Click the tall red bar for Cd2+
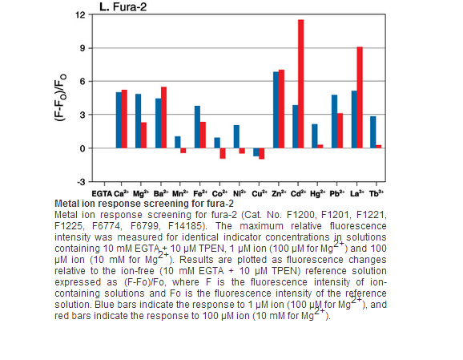[x=301, y=84]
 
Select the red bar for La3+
[x=360, y=98]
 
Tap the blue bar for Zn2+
[x=276, y=110]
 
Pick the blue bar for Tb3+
[x=373, y=132]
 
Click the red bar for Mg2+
[x=143, y=136]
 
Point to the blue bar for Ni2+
[x=236, y=136]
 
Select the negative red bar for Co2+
[x=223, y=153]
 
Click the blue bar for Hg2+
[x=315, y=136]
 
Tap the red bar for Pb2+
[x=340, y=131]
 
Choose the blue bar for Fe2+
[x=197, y=127]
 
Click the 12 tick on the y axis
[x=80, y=14]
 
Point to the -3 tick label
[x=81, y=182]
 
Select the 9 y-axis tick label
[x=82, y=48]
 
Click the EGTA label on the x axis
[x=102, y=194]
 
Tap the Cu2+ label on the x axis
[x=260, y=193]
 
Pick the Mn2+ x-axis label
[x=180, y=193]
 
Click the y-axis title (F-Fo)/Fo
[x=60, y=97]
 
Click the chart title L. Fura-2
[x=123, y=6]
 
